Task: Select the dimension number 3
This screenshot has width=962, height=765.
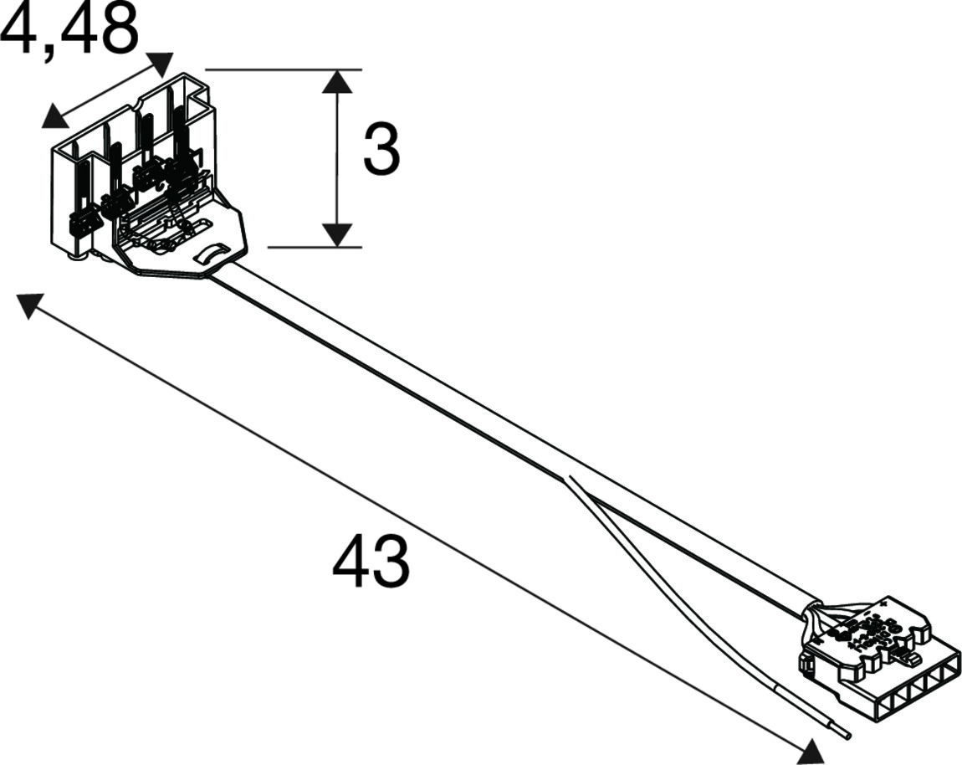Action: tap(381, 149)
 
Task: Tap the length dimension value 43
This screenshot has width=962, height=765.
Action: tap(370, 562)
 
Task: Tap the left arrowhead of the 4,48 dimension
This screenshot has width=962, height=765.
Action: tap(54, 117)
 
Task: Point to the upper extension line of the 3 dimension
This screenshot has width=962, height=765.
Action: tap(283, 69)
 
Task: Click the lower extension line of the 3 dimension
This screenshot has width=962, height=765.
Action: tap(315, 248)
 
